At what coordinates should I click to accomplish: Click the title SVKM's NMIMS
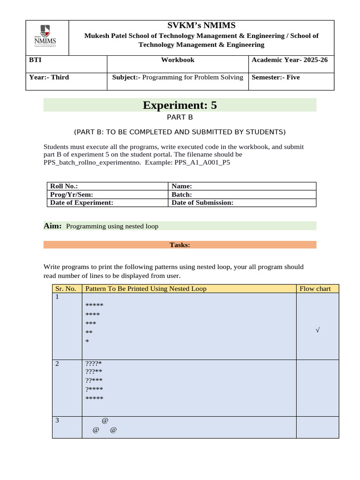(x=202, y=25)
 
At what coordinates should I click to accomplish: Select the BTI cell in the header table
(x=35, y=60)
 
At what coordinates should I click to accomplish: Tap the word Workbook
(x=178, y=60)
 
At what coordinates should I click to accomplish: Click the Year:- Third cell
(x=49, y=77)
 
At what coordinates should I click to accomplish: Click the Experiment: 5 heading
(x=180, y=105)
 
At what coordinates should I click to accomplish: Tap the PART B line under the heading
(x=180, y=118)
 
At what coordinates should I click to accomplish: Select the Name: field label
(x=182, y=187)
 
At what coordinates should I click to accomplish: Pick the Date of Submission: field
(x=202, y=202)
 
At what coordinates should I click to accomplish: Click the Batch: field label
(x=182, y=195)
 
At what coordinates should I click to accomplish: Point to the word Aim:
(x=52, y=226)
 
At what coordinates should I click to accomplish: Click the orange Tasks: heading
(x=180, y=245)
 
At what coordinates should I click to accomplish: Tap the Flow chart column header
(x=315, y=289)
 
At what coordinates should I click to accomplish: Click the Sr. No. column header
(x=66, y=289)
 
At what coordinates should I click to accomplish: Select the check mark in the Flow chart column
(x=317, y=330)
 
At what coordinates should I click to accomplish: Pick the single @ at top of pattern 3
(x=105, y=420)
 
